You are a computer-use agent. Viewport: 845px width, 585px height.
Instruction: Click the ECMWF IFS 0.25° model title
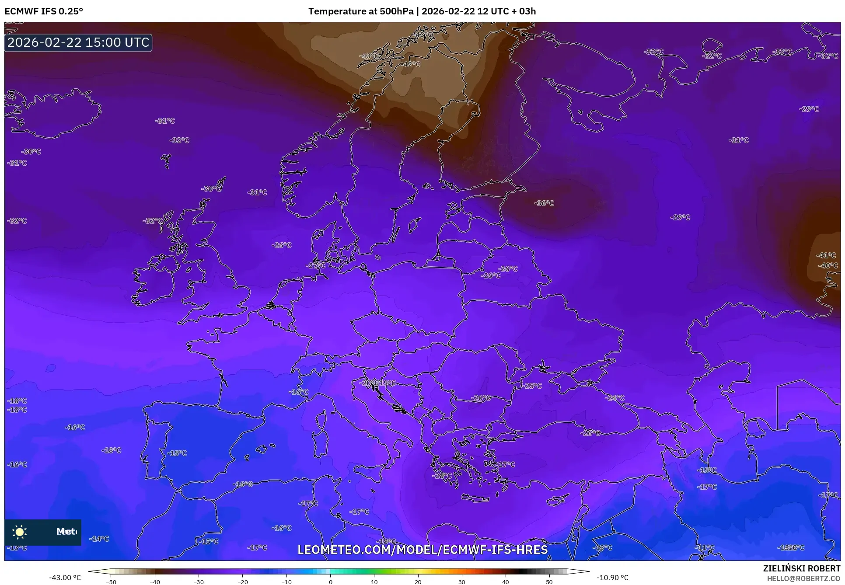[x=44, y=11]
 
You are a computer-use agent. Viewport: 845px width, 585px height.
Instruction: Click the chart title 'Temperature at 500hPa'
[x=361, y=11]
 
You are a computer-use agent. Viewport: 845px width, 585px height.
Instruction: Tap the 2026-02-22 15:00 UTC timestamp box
[x=78, y=42]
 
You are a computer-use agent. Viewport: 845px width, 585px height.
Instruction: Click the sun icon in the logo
[x=20, y=532]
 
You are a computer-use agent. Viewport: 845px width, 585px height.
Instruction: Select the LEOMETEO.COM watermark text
[x=422, y=550]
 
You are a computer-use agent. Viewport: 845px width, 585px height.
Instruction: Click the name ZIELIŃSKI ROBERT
[x=801, y=568]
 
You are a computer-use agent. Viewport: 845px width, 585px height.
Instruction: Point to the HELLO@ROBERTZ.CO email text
[x=803, y=578]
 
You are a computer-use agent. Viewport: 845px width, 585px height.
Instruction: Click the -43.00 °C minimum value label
[x=65, y=578]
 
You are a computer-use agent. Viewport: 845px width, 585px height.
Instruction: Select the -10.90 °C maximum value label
[x=612, y=578]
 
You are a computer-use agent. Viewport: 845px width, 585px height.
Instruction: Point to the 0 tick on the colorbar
[x=330, y=582]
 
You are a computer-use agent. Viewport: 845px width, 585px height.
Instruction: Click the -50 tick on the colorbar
[x=111, y=582]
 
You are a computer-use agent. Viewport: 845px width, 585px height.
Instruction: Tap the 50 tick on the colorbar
[x=549, y=582]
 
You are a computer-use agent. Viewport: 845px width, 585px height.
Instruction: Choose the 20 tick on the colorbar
[x=418, y=582]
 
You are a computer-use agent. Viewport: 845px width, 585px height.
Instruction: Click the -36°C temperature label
[x=544, y=203]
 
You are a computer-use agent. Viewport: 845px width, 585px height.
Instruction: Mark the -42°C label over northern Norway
[x=411, y=64]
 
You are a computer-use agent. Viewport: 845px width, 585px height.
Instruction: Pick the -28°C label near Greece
[x=442, y=475]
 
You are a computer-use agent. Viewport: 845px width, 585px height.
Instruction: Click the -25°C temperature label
[x=532, y=386]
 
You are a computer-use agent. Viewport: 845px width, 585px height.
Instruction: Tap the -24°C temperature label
[x=615, y=397]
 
